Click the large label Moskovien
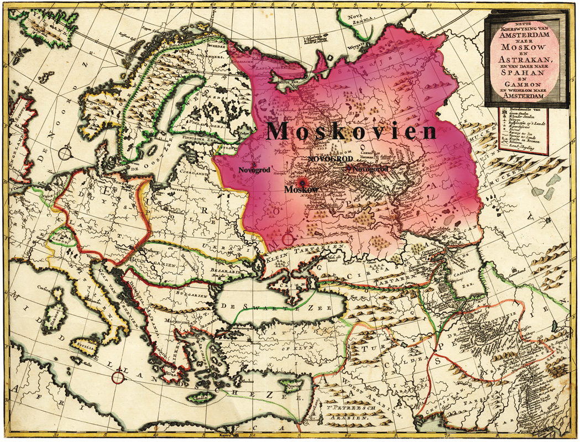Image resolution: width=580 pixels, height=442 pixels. [352, 131]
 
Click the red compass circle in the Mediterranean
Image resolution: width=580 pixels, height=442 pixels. [118, 377]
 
